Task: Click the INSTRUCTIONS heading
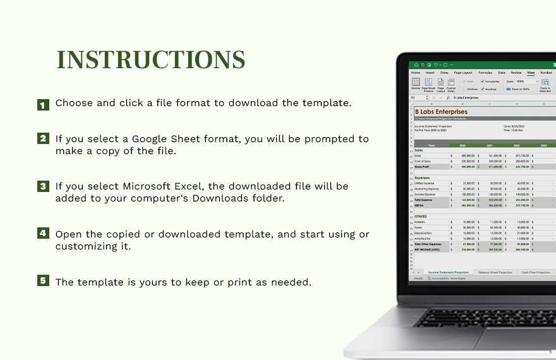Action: pyautogui.click(x=151, y=60)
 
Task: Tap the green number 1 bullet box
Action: pyautogui.click(x=43, y=105)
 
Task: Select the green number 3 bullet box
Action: pyautogui.click(x=43, y=186)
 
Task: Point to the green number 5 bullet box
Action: pyautogui.click(x=43, y=280)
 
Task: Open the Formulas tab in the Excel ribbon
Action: pyautogui.click(x=485, y=73)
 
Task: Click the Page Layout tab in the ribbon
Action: pyautogui.click(x=463, y=73)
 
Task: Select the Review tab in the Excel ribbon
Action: pyautogui.click(x=516, y=73)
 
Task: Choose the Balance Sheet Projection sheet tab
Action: pyautogui.click(x=495, y=272)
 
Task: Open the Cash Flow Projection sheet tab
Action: pyautogui.click(x=536, y=272)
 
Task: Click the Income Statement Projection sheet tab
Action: pyautogui.click(x=449, y=272)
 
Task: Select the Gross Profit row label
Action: pyautogui.click(x=421, y=167)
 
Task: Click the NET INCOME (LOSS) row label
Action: pyautogui.click(x=427, y=249)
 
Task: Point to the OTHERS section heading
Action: pyautogui.click(x=420, y=215)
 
